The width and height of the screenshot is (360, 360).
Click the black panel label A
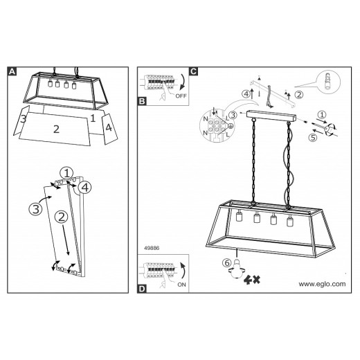(12, 71)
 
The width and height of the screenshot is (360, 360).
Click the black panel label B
(142, 101)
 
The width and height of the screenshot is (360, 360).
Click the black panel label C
(193, 71)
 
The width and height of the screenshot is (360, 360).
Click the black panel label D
(142, 289)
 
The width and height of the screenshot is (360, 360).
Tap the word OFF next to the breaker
(181, 96)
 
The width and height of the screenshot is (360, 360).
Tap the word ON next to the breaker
(181, 285)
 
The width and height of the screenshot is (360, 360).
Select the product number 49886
(152, 248)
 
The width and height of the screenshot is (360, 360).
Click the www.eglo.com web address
(322, 284)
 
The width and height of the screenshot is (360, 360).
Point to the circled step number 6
(227, 262)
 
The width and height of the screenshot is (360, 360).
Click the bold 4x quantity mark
(252, 280)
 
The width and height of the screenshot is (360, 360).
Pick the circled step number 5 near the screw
(313, 138)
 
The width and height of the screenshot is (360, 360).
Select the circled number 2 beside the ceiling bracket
(299, 95)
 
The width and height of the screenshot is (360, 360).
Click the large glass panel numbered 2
(55, 129)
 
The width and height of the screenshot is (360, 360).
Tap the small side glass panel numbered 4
(110, 129)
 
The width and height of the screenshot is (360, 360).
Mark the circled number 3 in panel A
(36, 209)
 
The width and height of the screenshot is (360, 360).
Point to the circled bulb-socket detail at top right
(329, 82)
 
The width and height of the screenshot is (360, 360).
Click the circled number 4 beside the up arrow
(246, 94)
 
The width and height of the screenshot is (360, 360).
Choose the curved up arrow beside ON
(183, 271)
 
